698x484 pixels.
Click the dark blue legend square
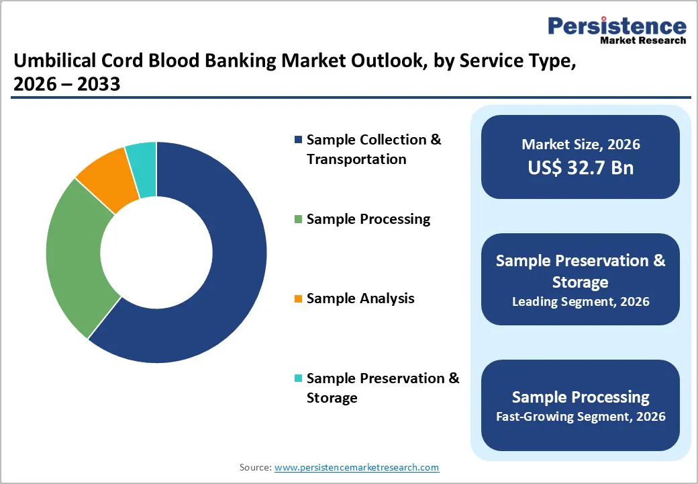click(298, 140)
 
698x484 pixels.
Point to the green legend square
click(298, 219)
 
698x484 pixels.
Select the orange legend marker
click(298, 298)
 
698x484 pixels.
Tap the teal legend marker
click(298, 378)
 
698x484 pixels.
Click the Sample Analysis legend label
click(360, 298)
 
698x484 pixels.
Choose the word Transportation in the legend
click(356, 159)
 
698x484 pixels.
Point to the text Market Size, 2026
click(580, 145)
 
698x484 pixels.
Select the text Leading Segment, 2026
click(580, 302)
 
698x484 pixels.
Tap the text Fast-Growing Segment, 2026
click(580, 417)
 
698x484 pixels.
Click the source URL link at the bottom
click(356, 467)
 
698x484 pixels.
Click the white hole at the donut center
click(156, 252)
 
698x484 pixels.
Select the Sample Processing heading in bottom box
click(580, 397)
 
